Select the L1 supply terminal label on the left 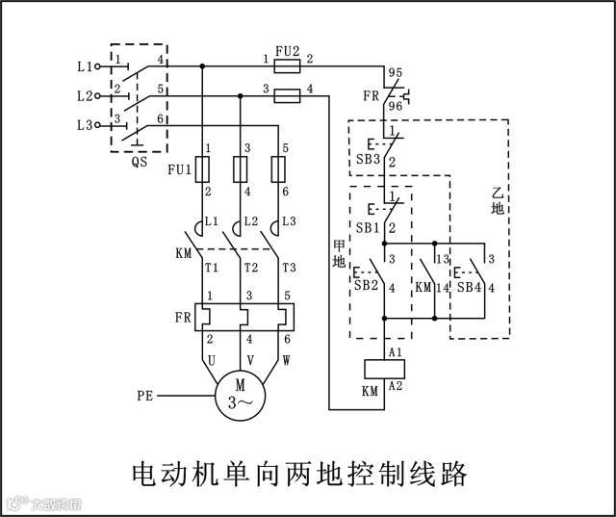click(84, 66)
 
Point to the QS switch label click(140, 163)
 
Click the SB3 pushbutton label click(368, 159)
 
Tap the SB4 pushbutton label click(469, 287)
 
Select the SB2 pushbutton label click(366, 285)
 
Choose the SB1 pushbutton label click(367, 227)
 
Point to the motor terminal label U click(207, 359)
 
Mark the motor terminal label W click(286, 359)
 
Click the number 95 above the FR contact click(394, 73)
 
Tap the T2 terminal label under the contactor click(250, 268)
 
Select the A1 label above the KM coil click(395, 351)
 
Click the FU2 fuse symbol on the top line click(287, 65)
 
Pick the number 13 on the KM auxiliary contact click(442, 259)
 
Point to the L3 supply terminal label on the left click(84, 126)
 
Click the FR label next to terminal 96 click(369, 97)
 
